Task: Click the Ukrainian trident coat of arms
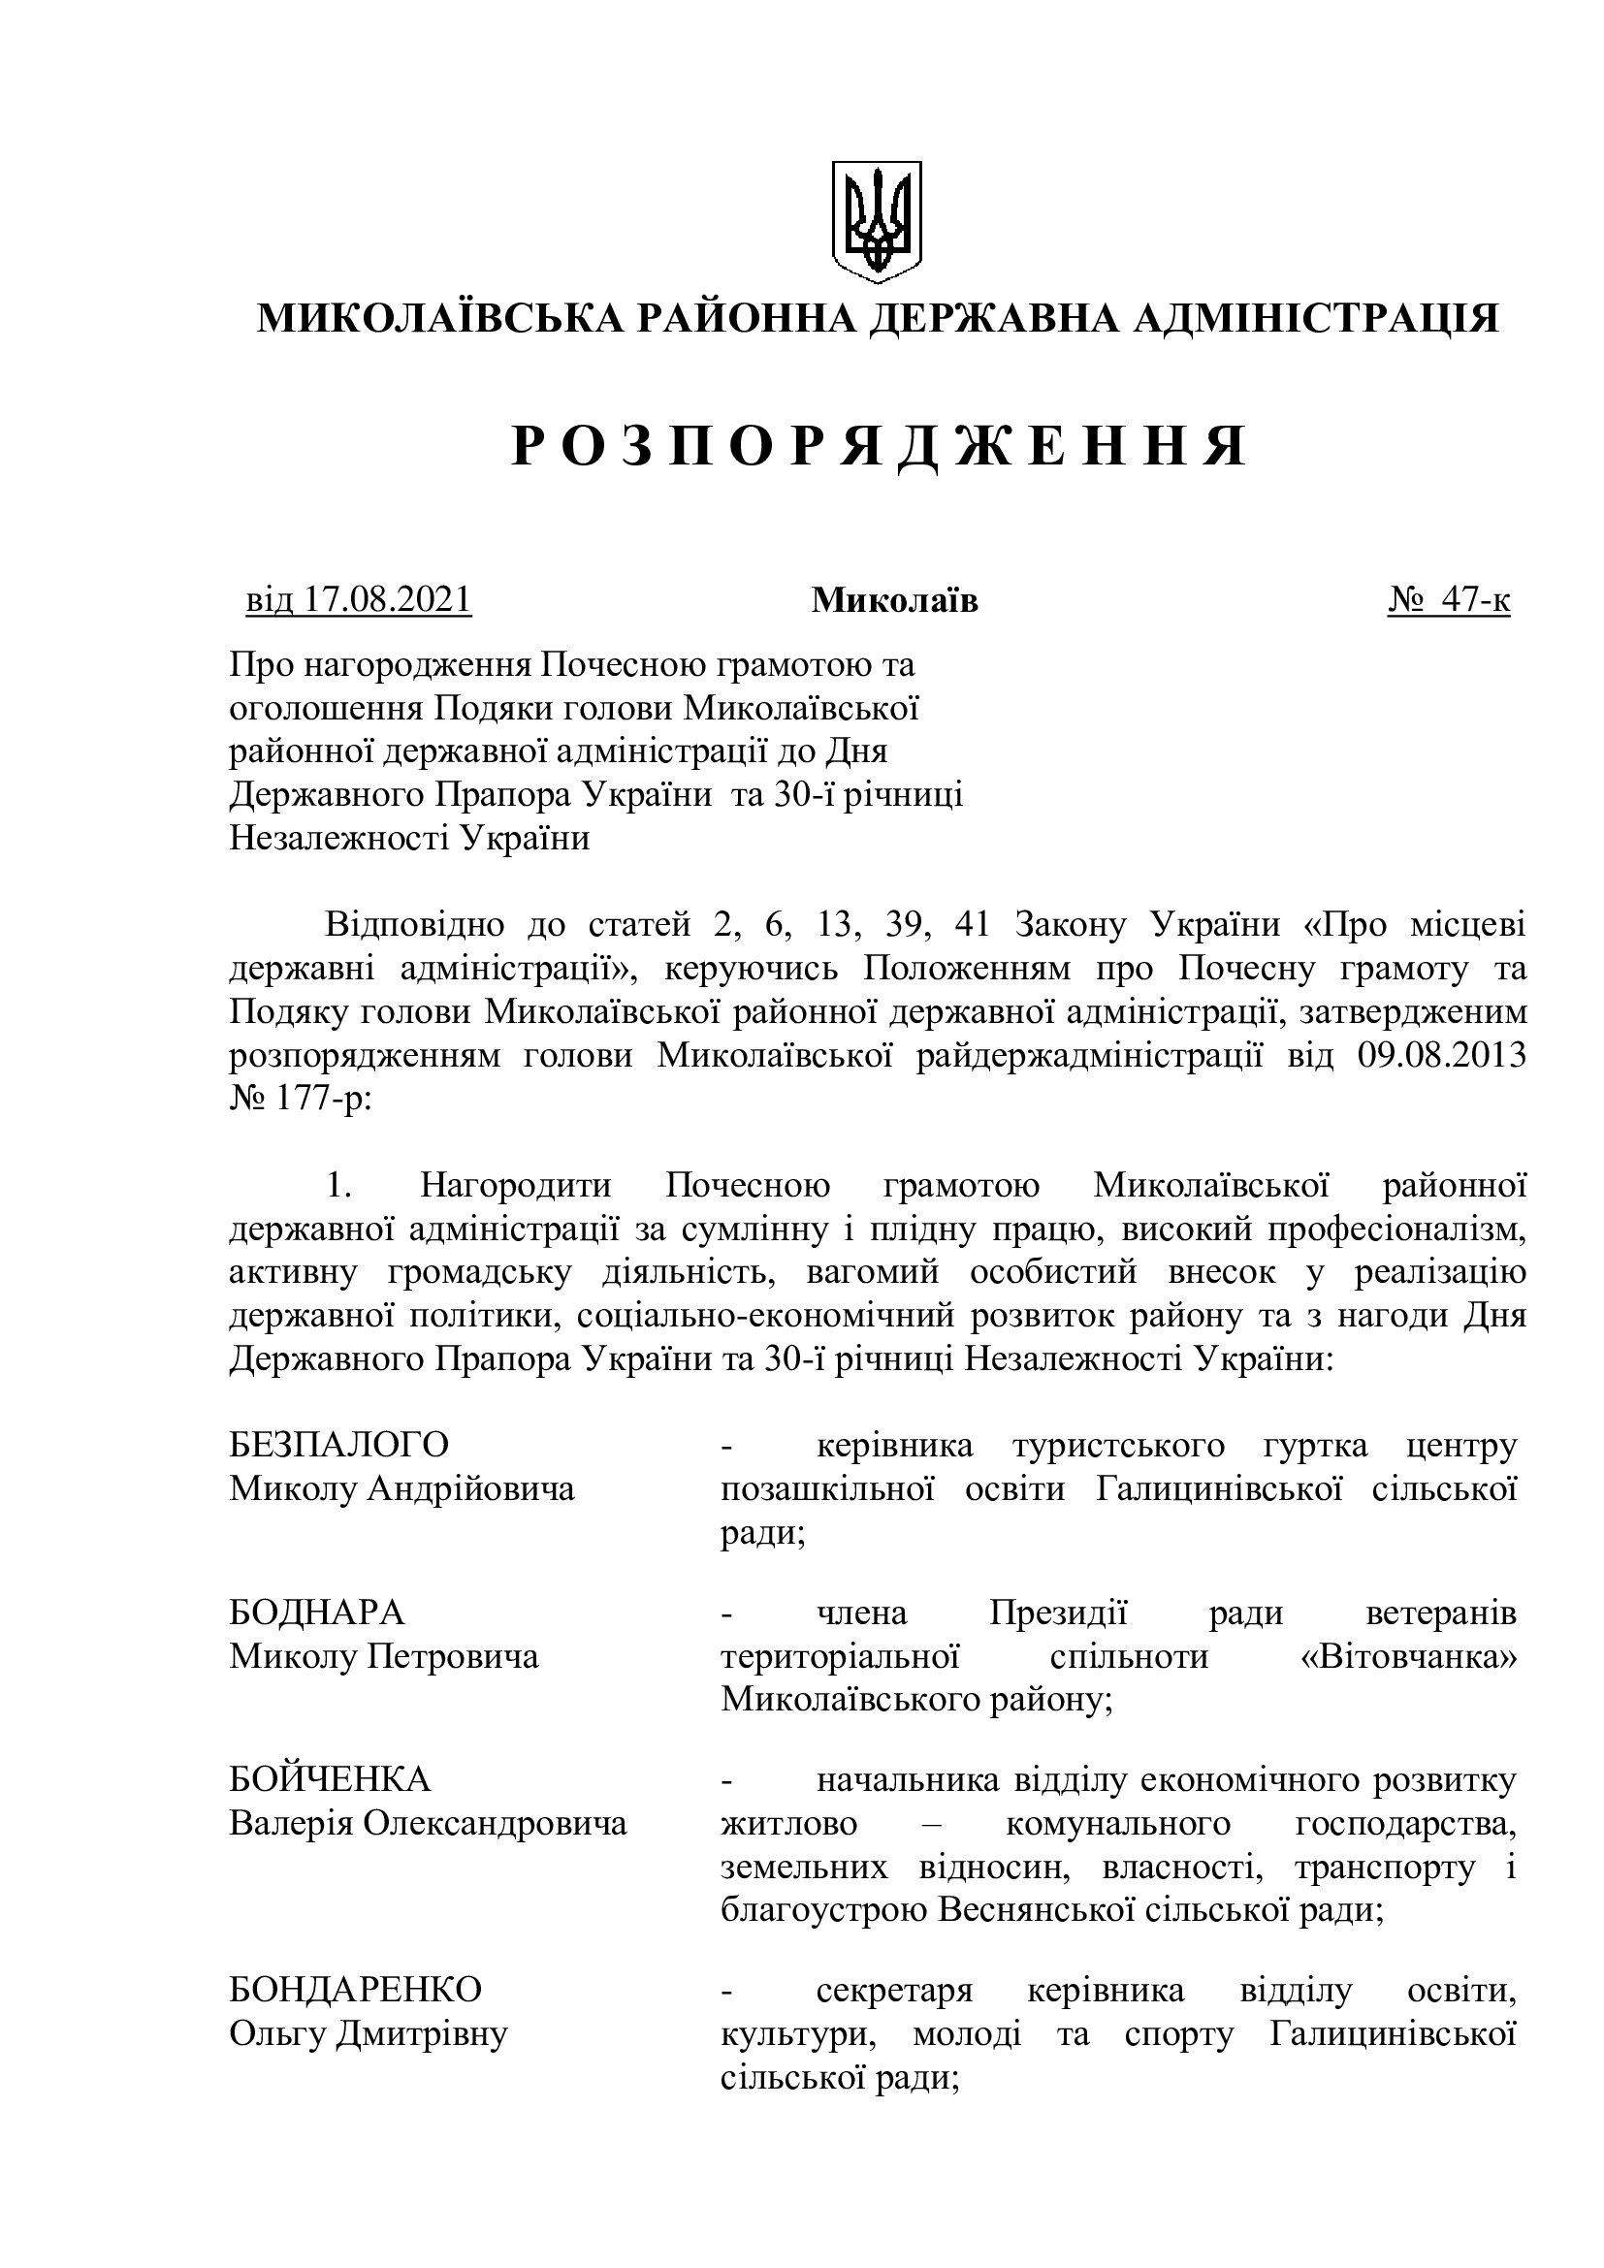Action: (875, 222)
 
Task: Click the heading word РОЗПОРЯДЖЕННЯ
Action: (879, 447)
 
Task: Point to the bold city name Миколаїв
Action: (894, 599)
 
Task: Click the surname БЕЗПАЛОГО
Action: (338, 1444)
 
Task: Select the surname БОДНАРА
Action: (317, 1613)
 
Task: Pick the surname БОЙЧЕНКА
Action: (330, 1779)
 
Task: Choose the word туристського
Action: (1118, 1444)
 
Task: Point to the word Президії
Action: (1058, 1613)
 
